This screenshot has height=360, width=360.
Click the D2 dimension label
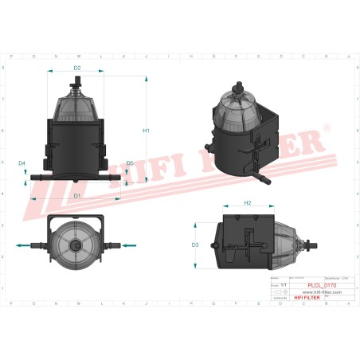(77, 68)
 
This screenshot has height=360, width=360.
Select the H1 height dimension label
(147, 130)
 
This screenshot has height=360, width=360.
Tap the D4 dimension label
(22, 162)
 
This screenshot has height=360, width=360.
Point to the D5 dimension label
(130, 162)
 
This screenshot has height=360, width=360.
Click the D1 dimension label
(76, 194)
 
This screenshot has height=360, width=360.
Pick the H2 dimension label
(248, 203)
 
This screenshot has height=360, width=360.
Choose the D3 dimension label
(195, 245)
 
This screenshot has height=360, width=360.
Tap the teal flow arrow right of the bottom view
(129, 246)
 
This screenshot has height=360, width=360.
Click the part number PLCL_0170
(321, 284)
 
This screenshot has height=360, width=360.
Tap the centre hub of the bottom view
(77, 246)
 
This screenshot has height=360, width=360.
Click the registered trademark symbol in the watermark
(326, 128)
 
